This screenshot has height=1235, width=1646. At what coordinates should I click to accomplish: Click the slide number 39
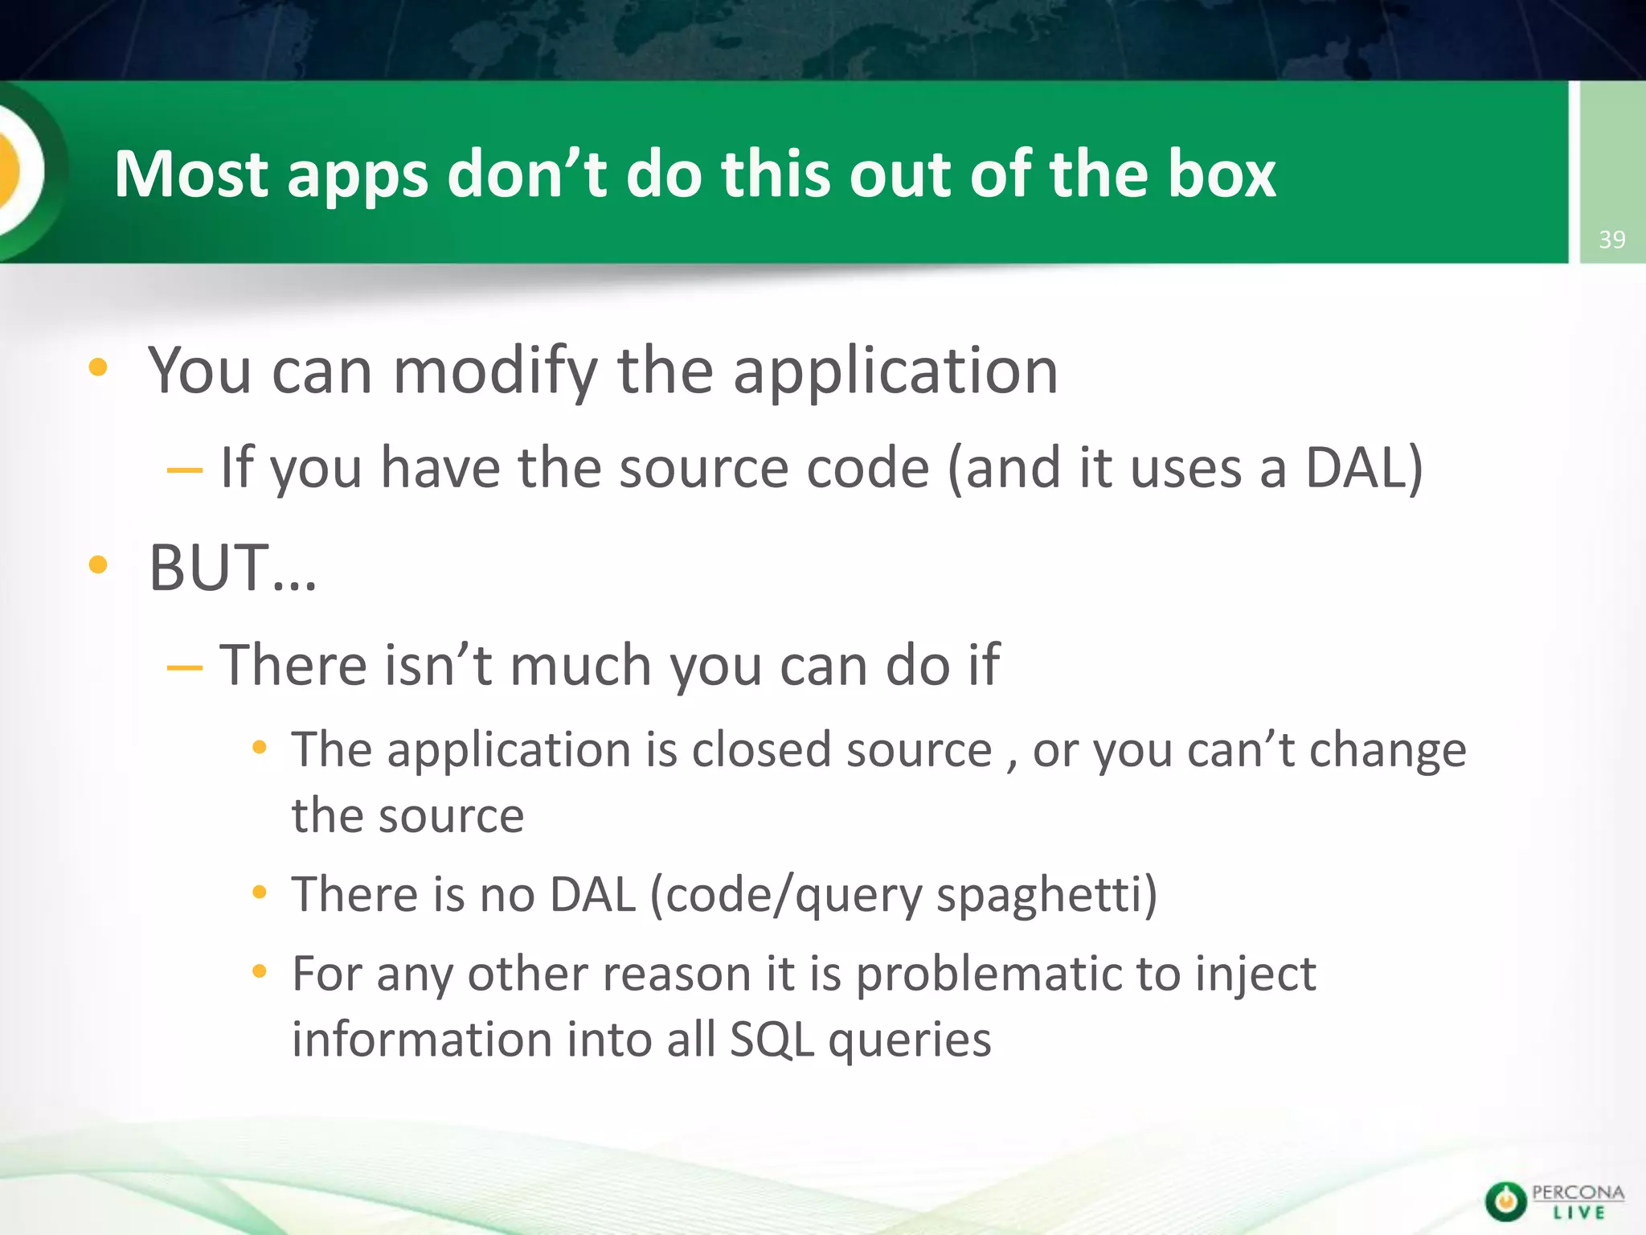point(1611,240)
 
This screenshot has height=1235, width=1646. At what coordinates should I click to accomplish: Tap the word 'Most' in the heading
point(190,174)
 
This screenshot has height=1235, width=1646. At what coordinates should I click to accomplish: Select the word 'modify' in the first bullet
point(495,372)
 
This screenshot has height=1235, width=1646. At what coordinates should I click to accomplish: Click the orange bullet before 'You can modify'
point(98,367)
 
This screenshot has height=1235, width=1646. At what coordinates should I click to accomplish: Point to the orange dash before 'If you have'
point(184,470)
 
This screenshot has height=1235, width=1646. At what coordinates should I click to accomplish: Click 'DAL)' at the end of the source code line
point(1363,468)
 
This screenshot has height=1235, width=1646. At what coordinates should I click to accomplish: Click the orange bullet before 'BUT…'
point(98,564)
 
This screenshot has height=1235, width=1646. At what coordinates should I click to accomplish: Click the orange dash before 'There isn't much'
point(184,667)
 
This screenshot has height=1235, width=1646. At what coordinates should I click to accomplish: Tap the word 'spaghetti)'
point(1046,896)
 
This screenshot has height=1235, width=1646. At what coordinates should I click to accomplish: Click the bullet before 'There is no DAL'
point(259,892)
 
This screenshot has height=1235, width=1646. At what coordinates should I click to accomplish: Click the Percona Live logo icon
point(1505,1202)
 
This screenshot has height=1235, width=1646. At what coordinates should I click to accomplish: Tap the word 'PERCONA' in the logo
point(1578,1193)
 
